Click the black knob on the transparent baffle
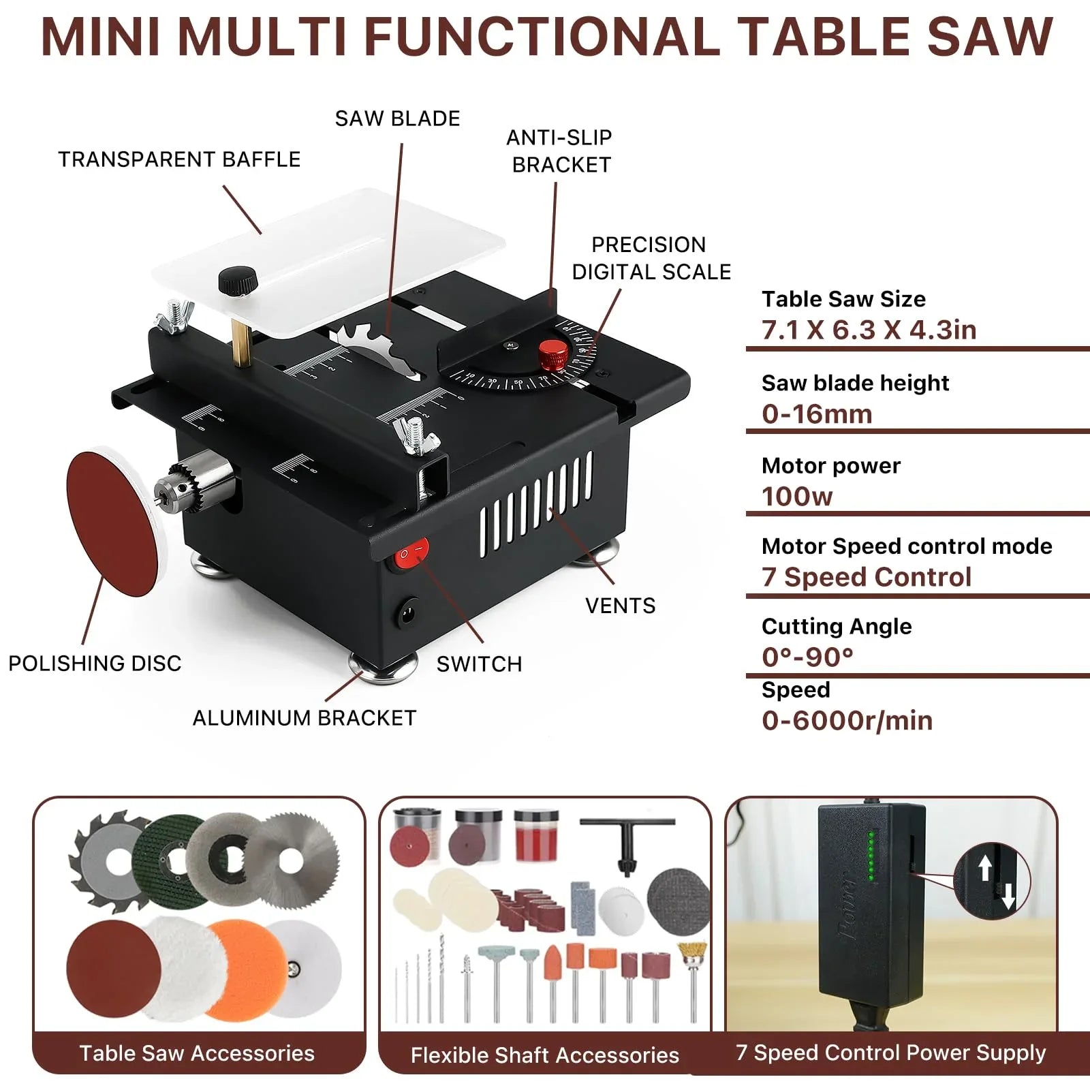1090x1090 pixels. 238,280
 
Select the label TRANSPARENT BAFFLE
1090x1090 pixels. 179,159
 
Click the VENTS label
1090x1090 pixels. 620,606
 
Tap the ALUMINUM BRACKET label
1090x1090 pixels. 304,718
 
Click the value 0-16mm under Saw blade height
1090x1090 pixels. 817,414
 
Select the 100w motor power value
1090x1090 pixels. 797,497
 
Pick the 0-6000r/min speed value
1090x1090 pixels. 847,721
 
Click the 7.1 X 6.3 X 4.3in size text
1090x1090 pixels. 869,330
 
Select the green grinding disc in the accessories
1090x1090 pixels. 167,860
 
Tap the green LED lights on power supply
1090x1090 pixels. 870,856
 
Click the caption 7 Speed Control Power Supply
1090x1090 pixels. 890,1053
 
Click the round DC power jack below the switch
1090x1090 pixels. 408,614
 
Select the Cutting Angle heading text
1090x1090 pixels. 836,626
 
